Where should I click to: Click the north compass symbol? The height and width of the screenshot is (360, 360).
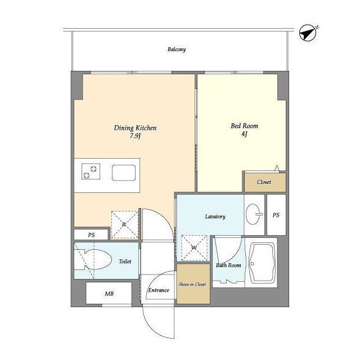coord(308,33)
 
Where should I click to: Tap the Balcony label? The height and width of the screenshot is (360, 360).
coord(176,49)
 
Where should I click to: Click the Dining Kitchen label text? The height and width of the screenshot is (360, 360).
coord(135,128)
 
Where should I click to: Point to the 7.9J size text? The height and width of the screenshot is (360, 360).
coord(135,136)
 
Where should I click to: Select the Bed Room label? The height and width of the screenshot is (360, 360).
coord(244,126)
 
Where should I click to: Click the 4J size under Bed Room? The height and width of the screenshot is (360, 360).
coord(244,134)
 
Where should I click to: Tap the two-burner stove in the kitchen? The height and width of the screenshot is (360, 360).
coord(91,171)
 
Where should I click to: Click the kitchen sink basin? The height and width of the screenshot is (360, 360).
coord(124,173)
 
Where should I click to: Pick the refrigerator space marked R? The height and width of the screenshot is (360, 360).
coord(124,224)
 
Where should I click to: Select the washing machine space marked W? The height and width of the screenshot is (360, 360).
coord(194,247)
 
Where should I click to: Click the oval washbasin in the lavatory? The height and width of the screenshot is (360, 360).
coord(254,214)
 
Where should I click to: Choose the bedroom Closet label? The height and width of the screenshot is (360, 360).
coord(264,182)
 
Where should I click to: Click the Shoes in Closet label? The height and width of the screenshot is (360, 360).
coord(192,284)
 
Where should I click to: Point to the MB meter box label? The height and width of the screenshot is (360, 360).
coord(109,294)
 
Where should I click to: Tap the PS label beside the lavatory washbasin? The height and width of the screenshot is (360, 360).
coord(276,215)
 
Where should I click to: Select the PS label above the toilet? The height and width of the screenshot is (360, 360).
coord(91,235)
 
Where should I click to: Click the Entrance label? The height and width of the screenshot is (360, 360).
coord(159,290)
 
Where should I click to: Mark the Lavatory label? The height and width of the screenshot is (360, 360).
coord(215,217)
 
